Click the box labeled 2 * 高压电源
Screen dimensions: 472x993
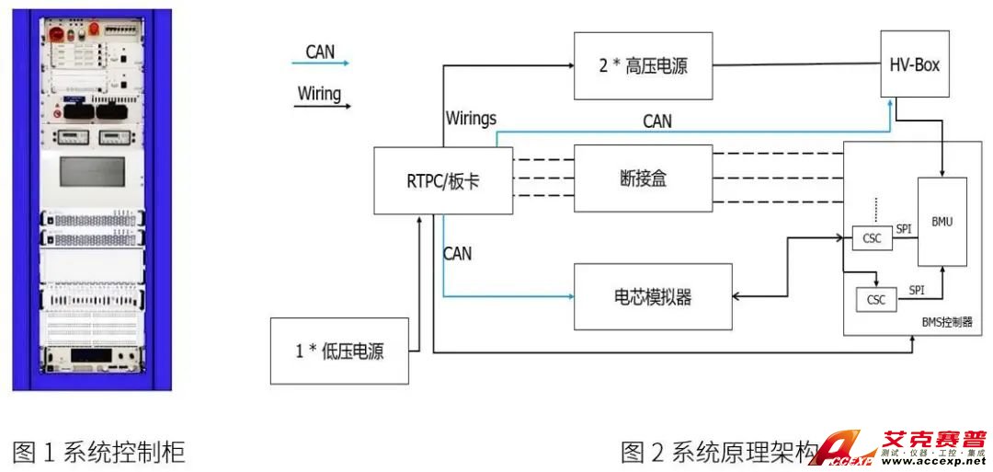point(643,66)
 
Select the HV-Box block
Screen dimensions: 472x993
point(914,64)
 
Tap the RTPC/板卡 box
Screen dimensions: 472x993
point(443,180)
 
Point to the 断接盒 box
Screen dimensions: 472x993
point(643,178)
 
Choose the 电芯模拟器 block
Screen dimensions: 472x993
point(653,297)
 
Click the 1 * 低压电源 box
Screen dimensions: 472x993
point(339,351)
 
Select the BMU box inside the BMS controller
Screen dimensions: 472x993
point(942,222)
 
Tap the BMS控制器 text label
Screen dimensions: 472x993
point(946,323)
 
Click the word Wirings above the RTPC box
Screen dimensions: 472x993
point(471,119)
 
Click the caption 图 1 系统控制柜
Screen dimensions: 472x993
point(98,452)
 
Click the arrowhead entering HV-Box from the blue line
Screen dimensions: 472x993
point(888,101)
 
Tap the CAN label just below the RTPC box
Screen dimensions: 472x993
point(457,252)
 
